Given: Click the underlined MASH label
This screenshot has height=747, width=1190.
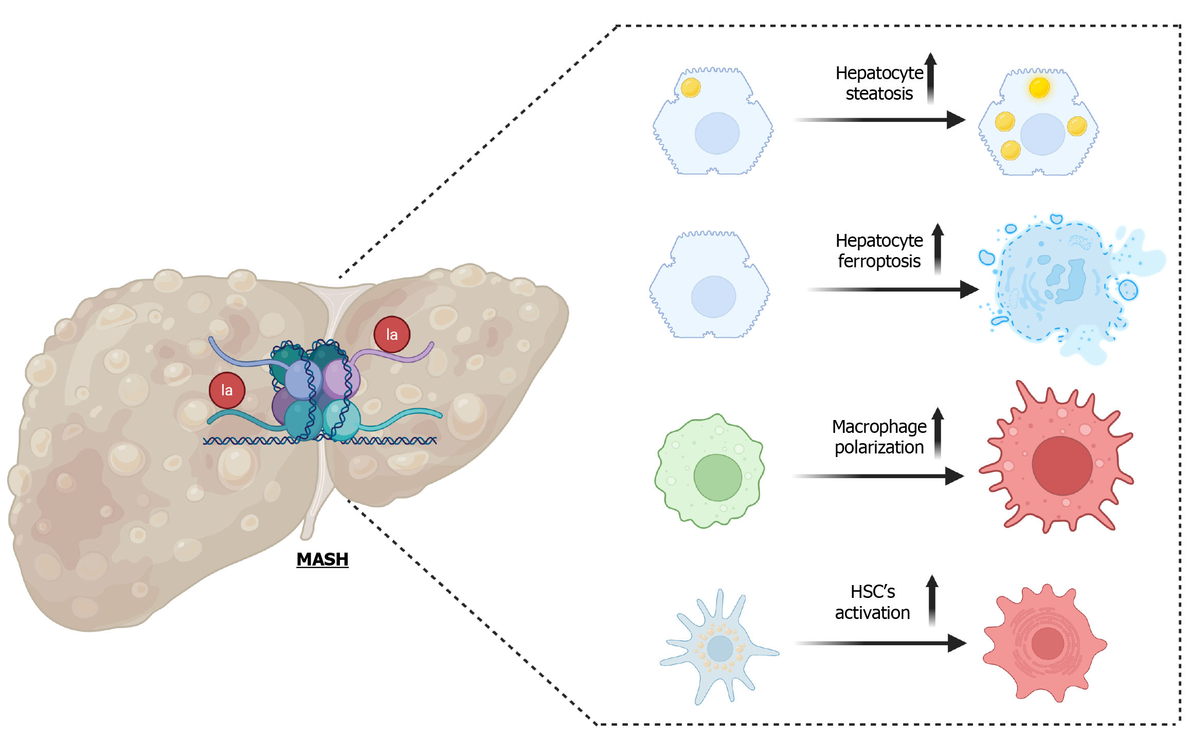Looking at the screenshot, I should pyautogui.click(x=322, y=559).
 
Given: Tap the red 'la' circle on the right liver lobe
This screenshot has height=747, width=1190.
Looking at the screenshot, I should pyautogui.click(x=392, y=335).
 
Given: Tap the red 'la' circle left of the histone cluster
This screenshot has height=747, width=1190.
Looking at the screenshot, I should pyautogui.click(x=227, y=390).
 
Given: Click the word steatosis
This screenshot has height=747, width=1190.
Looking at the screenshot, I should pyautogui.click(x=879, y=94).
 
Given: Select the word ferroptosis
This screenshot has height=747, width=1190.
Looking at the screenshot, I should pyautogui.click(x=879, y=261).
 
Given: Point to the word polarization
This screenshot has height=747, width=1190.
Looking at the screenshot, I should pyautogui.click(x=879, y=447).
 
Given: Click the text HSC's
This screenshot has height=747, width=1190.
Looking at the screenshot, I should pyautogui.click(x=873, y=592).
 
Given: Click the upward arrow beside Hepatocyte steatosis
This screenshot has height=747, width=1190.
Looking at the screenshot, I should pyautogui.click(x=931, y=77).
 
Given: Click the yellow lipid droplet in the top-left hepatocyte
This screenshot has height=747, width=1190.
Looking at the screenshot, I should pyautogui.click(x=691, y=87).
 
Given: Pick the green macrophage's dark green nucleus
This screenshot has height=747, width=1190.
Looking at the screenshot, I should pyautogui.click(x=717, y=478).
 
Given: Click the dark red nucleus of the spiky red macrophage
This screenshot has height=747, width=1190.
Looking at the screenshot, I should pyautogui.click(x=1062, y=466).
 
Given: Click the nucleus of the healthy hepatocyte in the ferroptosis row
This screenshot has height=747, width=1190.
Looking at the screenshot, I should pyautogui.click(x=713, y=297).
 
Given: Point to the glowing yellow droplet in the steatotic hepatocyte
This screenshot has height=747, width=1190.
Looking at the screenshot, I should pyautogui.click(x=1039, y=88).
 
